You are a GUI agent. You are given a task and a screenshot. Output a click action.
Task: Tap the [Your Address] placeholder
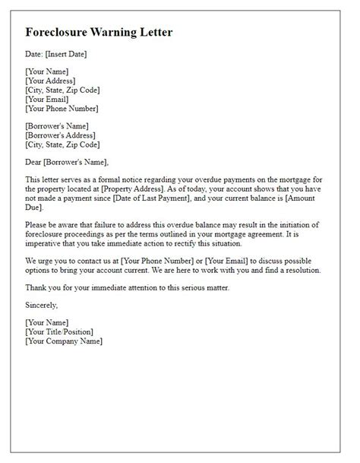[51, 81]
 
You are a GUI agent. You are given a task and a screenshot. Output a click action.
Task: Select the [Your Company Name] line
[65, 341]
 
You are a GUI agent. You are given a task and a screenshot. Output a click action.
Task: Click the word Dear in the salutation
[35, 161]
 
